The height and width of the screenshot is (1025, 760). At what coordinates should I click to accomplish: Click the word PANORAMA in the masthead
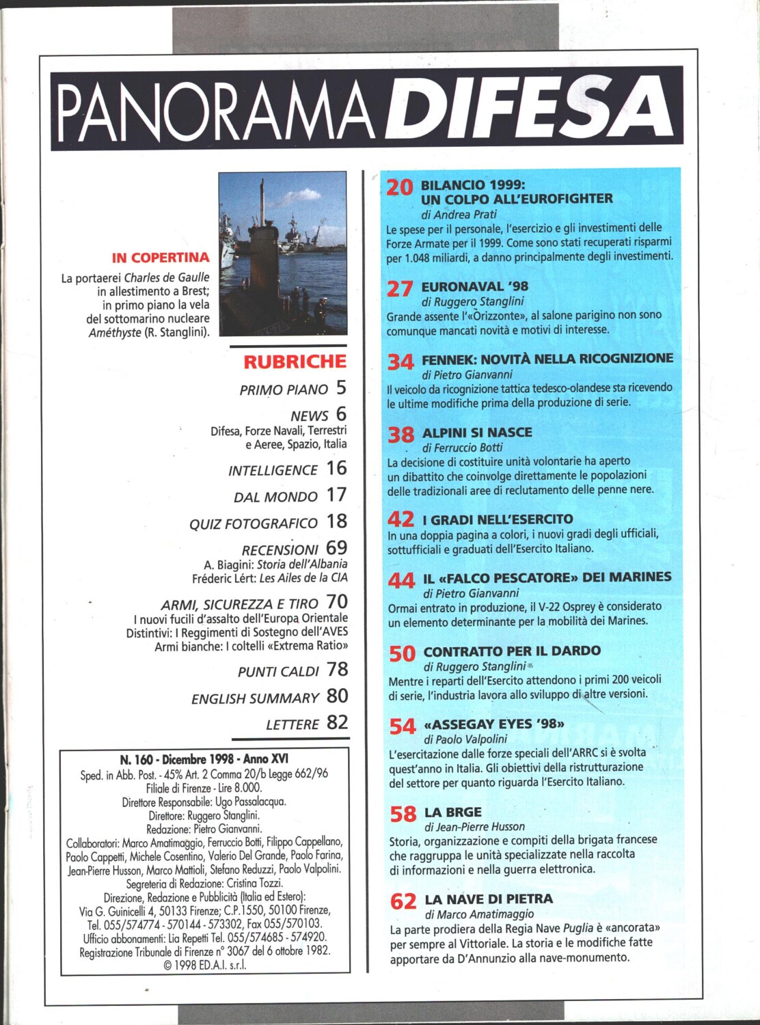[222, 109]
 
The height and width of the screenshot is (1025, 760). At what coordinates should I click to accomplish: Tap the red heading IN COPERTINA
[161, 258]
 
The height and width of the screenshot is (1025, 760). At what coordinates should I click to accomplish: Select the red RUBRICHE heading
[295, 361]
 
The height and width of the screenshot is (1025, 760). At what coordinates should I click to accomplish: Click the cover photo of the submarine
[282, 254]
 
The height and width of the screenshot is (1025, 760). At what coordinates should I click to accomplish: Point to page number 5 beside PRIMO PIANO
[341, 388]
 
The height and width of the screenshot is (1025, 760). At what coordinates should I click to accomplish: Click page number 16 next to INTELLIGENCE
[336, 468]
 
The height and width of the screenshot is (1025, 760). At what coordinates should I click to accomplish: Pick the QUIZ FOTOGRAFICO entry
[254, 523]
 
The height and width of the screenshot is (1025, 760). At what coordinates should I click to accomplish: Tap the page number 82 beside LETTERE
[337, 722]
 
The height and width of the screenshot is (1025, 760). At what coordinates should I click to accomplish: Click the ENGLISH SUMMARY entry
[255, 698]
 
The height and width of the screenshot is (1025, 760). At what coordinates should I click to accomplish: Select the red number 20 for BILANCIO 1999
[400, 187]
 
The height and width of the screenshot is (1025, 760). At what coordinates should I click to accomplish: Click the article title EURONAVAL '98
[475, 286]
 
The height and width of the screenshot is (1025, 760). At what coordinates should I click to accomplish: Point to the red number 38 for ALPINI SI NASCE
[401, 435]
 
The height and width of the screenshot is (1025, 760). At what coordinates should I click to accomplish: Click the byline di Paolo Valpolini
[465, 739]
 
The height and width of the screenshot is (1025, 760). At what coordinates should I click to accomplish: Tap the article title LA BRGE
[453, 812]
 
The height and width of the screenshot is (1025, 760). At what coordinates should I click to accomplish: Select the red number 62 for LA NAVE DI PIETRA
[403, 902]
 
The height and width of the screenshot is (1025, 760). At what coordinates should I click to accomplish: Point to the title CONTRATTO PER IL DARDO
[512, 651]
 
